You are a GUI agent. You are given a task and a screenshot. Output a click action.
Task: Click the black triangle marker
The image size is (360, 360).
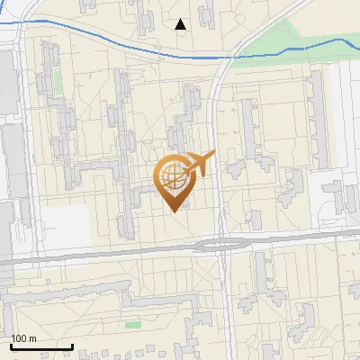[181, 24]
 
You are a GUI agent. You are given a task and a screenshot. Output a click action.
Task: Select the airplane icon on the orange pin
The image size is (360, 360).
[197, 164]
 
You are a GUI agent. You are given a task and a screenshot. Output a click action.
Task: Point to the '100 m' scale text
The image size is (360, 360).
[24, 338]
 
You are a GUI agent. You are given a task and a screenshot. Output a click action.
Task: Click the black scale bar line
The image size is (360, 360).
[41, 346]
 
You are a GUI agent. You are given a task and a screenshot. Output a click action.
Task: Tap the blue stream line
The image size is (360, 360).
[108, 40]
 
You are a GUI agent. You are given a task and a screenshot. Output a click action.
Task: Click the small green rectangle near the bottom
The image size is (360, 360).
[133, 325]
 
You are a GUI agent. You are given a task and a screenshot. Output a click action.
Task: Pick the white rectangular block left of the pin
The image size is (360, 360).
[65, 227]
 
